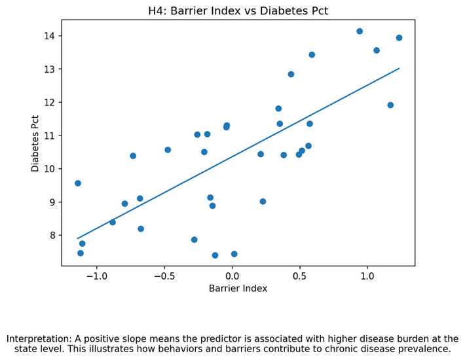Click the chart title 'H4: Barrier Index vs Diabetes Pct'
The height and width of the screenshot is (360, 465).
(238, 11)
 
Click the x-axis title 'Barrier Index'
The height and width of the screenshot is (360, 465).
(238, 289)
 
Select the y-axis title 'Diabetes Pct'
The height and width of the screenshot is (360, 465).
(35, 143)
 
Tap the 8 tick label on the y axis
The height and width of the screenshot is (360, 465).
(53, 236)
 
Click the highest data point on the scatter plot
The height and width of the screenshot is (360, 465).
(360, 31)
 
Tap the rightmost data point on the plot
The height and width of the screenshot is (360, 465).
(399, 38)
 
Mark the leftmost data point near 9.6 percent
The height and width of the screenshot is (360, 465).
(78, 183)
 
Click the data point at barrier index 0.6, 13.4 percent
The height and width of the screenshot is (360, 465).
(312, 55)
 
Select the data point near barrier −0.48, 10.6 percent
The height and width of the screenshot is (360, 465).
(168, 150)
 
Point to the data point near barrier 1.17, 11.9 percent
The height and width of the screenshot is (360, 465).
(390, 105)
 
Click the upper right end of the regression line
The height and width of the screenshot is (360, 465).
(399, 68)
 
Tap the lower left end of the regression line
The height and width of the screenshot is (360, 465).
(78, 238)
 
